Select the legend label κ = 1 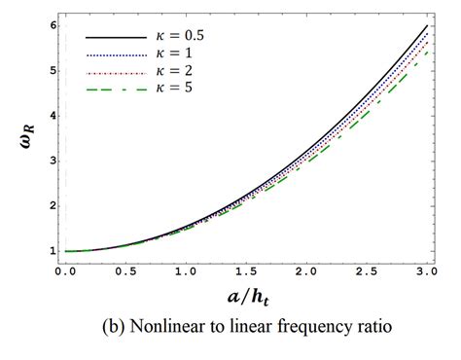pyautogui.click(x=173, y=54)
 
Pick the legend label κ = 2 pyautogui.click(x=173, y=72)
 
